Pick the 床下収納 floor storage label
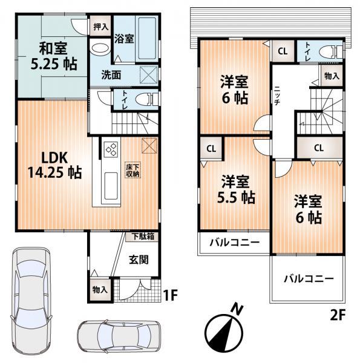click(133, 170)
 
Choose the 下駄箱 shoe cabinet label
click(143, 237)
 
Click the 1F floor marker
click(171, 296)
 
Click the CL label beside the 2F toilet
click(283, 51)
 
